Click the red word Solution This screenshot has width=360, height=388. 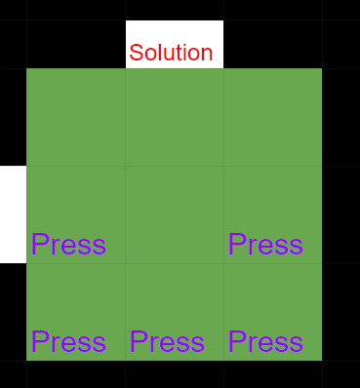pyautogui.click(x=171, y=53)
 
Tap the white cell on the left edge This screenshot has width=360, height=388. pyautogui.click(x=13, y=214)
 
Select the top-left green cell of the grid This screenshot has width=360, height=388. pyautogui.click(x=76, y=117)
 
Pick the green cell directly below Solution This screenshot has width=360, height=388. pyautogui.click(x=175, y=117)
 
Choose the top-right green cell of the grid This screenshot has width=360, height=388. pyautogui.click(x=273, y=117)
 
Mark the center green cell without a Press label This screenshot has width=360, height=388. pyautogui.click(x=175, y=214)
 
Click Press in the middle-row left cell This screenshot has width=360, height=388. pyautogui.click(x=68, y=244)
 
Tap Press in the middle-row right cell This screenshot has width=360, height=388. pyautogui.click(x=265, y=244)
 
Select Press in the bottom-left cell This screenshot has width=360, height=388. pyautogui.click(x=68, y=342)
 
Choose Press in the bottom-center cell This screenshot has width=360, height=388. pyautogui.click(x=167, y=342)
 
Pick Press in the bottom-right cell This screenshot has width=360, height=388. pyautogui.click(x=265, y=342)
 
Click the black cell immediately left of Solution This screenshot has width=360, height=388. pyautogui.click(x=76, y=45)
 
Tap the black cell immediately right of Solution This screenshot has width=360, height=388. pyautogui.click(x=273, y=45)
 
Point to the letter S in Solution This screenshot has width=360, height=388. pyautogui.click(x=137, y=53)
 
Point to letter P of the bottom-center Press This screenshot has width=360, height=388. pyautogui.click(x=138, y=342)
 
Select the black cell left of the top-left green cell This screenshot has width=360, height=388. pyautogui.click(x=13, y=117)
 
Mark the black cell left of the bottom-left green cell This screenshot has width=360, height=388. pyautogui.click(x=13, y=312)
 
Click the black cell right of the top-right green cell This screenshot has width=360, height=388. pyautogui.click(x=340, y=117)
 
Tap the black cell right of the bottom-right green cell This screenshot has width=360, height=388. pyautogui.click(x=340, y=312)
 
